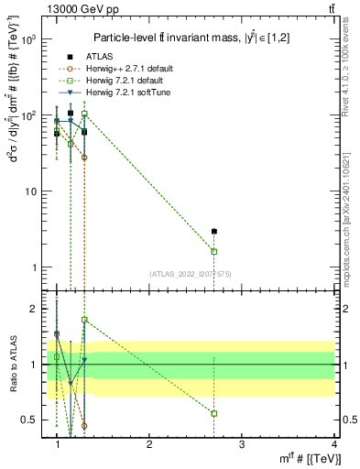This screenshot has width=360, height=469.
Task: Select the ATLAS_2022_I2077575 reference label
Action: coord(191,274)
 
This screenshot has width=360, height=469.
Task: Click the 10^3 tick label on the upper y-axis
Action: coord(27,40)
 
